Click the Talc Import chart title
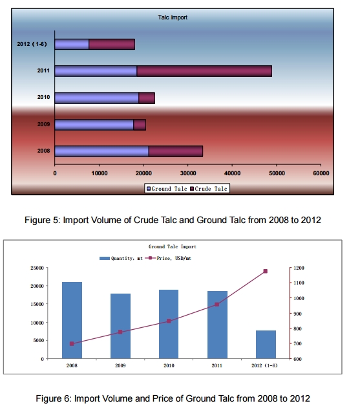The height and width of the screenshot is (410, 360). point(173,17)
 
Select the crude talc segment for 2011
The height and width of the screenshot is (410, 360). point(204,71)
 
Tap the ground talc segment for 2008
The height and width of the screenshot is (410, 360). point(101,151)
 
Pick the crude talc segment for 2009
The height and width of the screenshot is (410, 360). point(140,125)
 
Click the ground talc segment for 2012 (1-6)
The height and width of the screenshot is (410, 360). point(72,44)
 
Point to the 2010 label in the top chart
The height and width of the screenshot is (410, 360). point(43,97)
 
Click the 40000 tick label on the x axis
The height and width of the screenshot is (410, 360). point(232,173)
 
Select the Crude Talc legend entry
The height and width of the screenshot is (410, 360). point(209,189)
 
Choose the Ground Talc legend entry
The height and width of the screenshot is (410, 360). point(167,189)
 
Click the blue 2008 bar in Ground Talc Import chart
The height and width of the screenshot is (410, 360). point(72,320)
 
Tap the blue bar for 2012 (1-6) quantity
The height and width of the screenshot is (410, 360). point(266,345)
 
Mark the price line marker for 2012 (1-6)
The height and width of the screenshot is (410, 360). point(266,271)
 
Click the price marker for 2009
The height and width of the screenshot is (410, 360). point(120,332)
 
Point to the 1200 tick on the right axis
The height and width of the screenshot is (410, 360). point(299,268)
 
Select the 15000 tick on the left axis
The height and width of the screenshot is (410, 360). point(37,304)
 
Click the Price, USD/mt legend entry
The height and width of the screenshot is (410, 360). point(168,258)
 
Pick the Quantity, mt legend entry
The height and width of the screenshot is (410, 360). point(121,258)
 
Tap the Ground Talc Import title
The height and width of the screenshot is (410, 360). point(173,246)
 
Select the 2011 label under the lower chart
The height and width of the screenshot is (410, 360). point(217,365)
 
